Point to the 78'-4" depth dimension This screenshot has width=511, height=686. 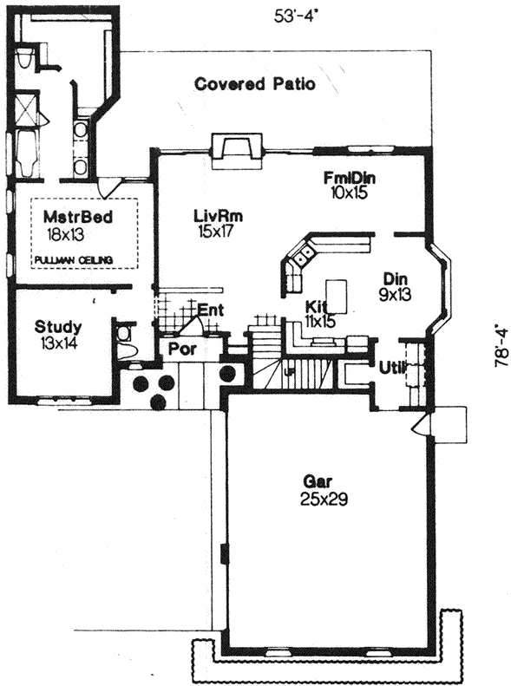(501, 347)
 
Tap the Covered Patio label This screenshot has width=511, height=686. (254, 84)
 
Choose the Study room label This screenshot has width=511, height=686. (58, 327)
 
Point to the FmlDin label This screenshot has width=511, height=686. (348, 179)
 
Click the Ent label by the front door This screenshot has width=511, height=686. (209, 310)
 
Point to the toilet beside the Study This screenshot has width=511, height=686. (124, 341)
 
